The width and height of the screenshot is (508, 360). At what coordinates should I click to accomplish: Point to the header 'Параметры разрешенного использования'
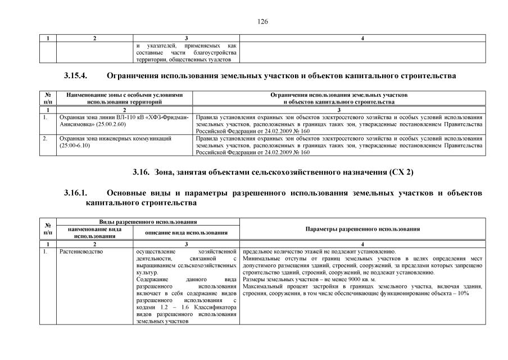(362, 229)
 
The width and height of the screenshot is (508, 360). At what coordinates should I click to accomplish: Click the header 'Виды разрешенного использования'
(148, 223)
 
